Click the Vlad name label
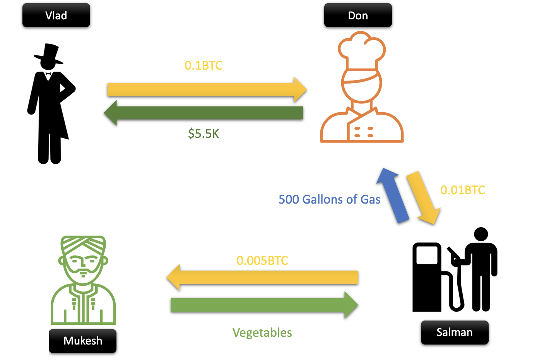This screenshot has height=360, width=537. click(56, 15)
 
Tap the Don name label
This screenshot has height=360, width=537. click(358, 15)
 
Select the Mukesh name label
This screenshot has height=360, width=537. click(83, 341)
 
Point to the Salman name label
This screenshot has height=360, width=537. click(455, 332)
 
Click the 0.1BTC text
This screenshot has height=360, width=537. click(204, 65)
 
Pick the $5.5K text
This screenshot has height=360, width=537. click(204, 134)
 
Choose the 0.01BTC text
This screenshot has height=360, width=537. click(463, 190)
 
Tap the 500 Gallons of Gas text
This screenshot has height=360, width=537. click(329, 199)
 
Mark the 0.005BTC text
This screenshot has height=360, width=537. click(262, 261)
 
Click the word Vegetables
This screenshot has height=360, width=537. click(262, 333)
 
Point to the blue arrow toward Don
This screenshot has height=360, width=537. click(392, 195)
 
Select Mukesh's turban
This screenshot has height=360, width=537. click(83, 245)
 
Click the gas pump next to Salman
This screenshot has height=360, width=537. click(428, 277)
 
